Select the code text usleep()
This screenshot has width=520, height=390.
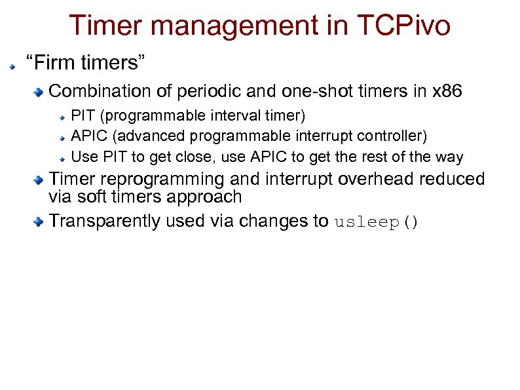pos(376,222)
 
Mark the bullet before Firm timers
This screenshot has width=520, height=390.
pos(12,66)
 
